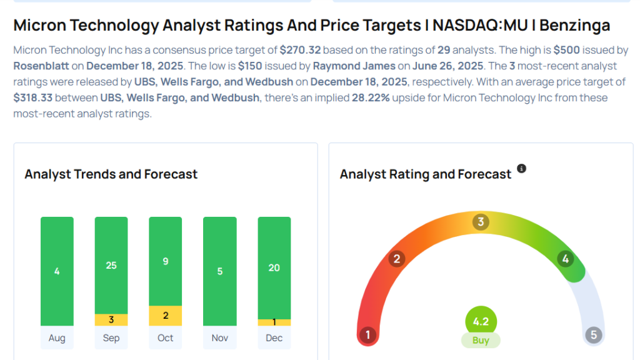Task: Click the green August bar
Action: point(57,271)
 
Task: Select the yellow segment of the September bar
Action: point(111,320)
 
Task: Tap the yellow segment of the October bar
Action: point(166,316)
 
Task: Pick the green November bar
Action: point(220,271)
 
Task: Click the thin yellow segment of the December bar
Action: point(274,322)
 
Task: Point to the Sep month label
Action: point(111,338)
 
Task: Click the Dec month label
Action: point(274,338)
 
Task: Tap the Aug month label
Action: point(57,338)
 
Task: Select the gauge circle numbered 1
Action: point(368,335)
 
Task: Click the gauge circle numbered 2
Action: point(396,259)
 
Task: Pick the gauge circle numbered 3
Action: point(481,222)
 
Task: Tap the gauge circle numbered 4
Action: point(566,259)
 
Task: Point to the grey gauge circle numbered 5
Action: point(594,335)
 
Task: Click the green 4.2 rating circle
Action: point(481,322)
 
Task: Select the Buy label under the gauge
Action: point(481,341)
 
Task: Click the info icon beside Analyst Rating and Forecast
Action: point(522,169)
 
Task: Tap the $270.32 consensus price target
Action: point(300,49)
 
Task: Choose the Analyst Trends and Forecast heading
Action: point(111,174)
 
